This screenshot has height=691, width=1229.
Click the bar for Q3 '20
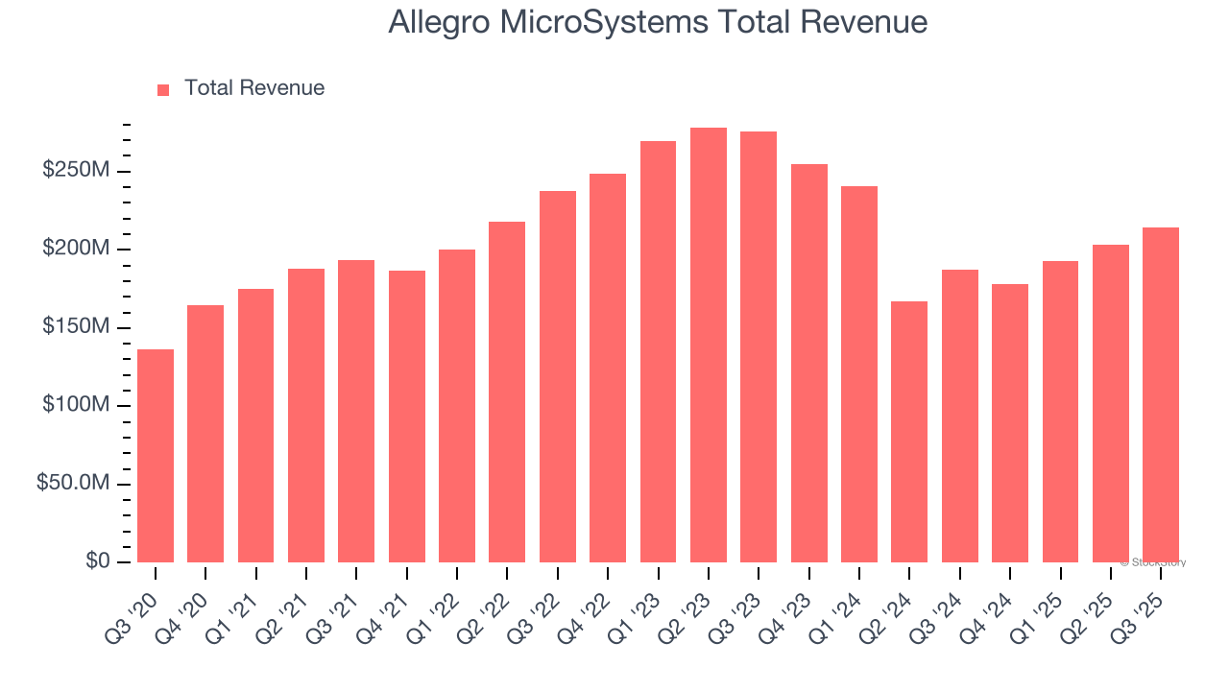point(156,456)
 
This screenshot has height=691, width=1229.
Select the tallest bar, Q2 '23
point(709,345)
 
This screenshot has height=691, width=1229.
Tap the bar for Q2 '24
point(909,432)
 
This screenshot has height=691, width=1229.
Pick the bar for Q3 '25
point(1161,394)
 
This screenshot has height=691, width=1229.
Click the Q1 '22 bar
point(457,406)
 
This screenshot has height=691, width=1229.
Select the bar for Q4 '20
point(205,434)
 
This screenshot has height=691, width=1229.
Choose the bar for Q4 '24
point(1010,423)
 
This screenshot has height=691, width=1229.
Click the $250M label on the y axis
point(75,171)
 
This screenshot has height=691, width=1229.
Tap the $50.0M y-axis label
point(73,484)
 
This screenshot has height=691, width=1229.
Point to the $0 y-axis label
point(96,561)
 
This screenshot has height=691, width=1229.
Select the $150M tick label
point(75,327)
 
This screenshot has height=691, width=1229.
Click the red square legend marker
point(163,89)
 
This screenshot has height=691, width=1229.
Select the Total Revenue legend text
point(254,88)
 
